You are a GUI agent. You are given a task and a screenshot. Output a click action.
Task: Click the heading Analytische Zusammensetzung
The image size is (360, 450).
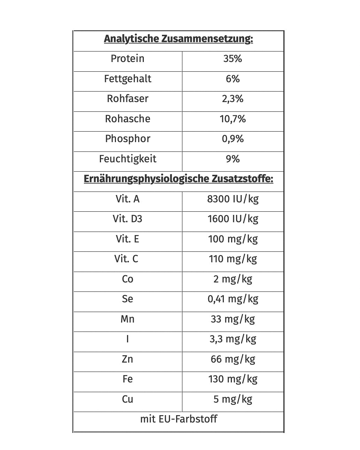[178, 39]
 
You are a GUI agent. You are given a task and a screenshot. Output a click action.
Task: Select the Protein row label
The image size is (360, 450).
[127, 59]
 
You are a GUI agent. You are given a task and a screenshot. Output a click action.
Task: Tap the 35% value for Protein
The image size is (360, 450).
[233, 59]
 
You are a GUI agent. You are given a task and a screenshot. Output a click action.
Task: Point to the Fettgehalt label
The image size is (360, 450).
[127, 79]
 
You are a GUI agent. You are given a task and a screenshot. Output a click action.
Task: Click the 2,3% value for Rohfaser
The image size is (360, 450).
[233, 99]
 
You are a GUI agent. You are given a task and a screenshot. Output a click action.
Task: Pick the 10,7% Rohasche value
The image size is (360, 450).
[233, 119]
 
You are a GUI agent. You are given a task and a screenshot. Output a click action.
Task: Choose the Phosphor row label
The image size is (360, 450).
[127, 139]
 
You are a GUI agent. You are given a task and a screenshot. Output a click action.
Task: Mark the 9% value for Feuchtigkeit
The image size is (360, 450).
[233, 159]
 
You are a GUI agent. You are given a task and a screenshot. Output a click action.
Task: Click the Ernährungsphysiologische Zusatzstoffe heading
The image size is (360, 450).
[178, 179]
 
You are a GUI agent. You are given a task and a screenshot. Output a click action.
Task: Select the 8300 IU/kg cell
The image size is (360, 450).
[233, 199]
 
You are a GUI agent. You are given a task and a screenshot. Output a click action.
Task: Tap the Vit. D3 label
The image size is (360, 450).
[127, 219]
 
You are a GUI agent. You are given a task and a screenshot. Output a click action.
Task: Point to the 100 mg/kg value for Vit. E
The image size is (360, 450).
[233, 239]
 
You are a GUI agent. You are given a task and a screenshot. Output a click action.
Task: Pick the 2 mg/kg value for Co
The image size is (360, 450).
[233, 279]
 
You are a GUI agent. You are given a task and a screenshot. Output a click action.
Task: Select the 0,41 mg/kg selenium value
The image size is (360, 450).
[233, 299]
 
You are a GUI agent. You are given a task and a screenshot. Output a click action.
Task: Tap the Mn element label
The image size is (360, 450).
[127, 319]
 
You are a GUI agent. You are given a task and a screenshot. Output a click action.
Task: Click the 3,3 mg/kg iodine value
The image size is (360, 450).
[233, 339]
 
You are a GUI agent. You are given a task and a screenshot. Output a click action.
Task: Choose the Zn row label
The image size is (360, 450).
[127, 359]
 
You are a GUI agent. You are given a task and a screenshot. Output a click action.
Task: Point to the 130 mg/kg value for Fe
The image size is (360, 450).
[233, 379]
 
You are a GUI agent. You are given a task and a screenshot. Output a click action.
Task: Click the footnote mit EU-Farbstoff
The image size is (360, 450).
[178, 419]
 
